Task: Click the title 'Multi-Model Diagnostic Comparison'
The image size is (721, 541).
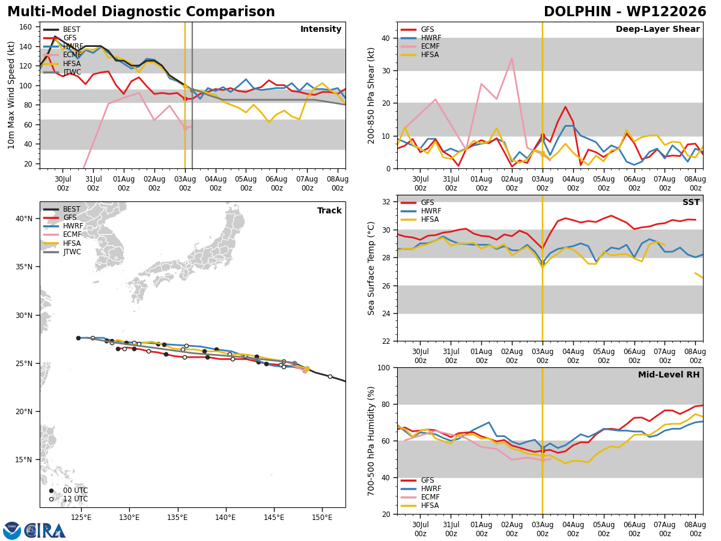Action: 141,11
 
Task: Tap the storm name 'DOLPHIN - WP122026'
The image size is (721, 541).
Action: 625,11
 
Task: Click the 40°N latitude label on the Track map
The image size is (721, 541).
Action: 24,218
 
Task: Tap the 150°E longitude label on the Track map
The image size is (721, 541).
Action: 322,518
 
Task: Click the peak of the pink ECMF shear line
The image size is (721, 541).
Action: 512,58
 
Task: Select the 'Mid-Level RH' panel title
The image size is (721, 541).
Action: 669,374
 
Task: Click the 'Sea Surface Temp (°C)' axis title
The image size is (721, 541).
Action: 371,268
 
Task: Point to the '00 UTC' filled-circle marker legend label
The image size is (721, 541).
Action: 76,491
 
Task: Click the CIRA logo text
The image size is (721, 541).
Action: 45,531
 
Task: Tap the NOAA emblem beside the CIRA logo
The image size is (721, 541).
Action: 12,531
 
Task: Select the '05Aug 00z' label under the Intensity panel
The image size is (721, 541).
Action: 246,183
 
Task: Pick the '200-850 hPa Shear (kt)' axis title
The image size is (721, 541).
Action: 371,96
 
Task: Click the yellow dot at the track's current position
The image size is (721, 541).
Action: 307,369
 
